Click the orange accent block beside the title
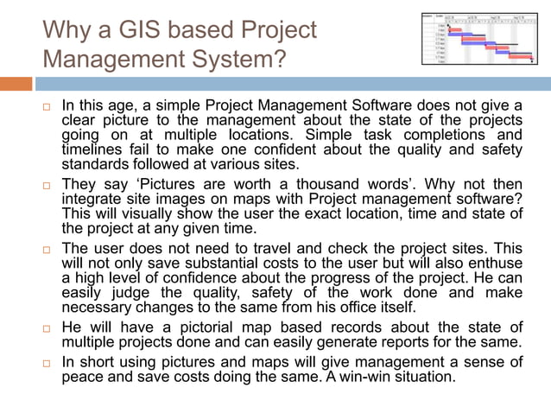pyautogui.click(x=16, y=84)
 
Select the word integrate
pyautogui.click(x=94, y=200)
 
